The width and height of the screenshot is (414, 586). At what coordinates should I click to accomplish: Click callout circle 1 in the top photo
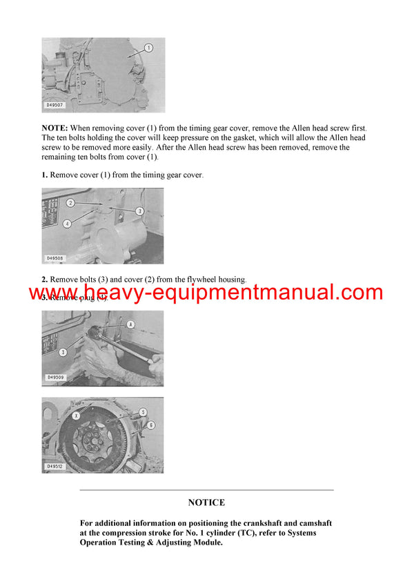click(x=148, y=48)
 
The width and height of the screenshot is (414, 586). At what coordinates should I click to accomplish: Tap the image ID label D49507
click(x=55, y=106)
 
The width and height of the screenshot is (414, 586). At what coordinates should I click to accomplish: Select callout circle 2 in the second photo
click(x=70, y=203)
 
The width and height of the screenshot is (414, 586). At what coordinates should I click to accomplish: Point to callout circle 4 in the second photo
click(x=68, y=223)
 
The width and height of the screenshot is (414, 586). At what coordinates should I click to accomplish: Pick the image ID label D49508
click(x=55, y=258)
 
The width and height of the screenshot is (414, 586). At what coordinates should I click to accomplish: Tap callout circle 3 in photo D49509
click(x=63, y=352)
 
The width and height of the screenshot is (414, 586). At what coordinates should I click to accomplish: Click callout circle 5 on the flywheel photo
click(x=144, y=412)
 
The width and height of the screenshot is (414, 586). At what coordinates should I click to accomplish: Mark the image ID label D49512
click(x=55, y=467)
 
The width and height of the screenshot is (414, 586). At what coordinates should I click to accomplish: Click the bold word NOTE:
click(x=55, y=128)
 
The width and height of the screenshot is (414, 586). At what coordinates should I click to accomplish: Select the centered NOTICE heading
click(x=206, y=502)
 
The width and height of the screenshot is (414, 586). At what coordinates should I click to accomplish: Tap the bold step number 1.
click(x=45, y=175)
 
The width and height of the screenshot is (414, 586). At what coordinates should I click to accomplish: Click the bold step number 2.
click(x=45, y=279)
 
